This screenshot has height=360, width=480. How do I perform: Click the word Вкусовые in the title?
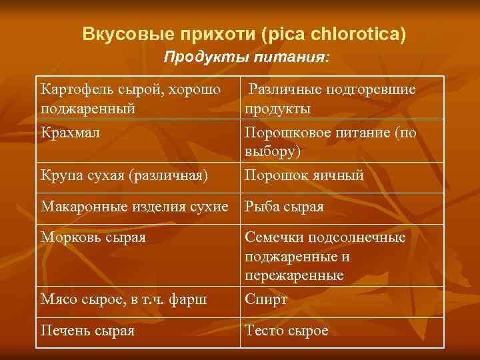[123, 33]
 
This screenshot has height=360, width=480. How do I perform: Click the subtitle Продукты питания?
[246, 58]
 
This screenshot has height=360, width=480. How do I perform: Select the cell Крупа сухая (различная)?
[124, 175]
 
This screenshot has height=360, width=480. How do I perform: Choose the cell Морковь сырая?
[93, 237]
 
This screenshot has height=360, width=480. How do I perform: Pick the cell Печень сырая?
[87, 331]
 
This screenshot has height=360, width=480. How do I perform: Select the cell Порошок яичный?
[304, 175]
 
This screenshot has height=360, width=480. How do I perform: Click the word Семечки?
[276, 237]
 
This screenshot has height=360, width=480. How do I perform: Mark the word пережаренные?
[294, 275]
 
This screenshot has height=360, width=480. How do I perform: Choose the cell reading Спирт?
[266, 299]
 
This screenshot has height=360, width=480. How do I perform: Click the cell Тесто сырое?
[287, 331]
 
